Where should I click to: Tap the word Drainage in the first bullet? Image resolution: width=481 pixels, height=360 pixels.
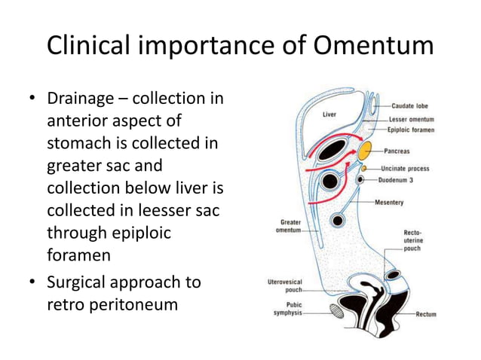85,99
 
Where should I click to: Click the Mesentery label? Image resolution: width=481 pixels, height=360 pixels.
390,202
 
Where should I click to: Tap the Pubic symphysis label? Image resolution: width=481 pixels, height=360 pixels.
286,309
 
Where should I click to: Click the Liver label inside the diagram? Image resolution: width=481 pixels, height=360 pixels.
329,115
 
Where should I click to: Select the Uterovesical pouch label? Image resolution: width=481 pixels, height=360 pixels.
286,285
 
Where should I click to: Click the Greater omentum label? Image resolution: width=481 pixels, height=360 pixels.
291,226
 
